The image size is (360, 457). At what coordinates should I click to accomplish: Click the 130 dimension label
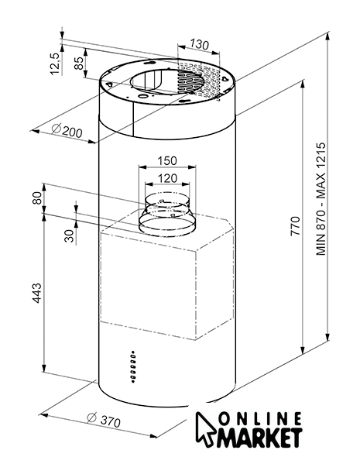[x=200, y=44]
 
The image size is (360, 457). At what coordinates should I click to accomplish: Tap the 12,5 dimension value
[x=55, y=64]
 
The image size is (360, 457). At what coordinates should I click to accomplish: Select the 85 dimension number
[x=79, y=63]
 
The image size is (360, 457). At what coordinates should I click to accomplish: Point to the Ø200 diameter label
[x=67, y=130]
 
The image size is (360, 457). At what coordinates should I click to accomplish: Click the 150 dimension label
[x=167, y=160]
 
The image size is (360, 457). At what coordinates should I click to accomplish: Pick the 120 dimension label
[x=167, y=178]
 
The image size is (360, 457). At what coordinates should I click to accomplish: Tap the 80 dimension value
[x=37, y=198]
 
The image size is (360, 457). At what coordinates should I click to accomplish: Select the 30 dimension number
[x=70, y=235]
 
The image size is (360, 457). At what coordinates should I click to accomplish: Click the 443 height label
[x=37, y=293]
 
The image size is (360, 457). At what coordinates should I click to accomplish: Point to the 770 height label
[x=295, y=226]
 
